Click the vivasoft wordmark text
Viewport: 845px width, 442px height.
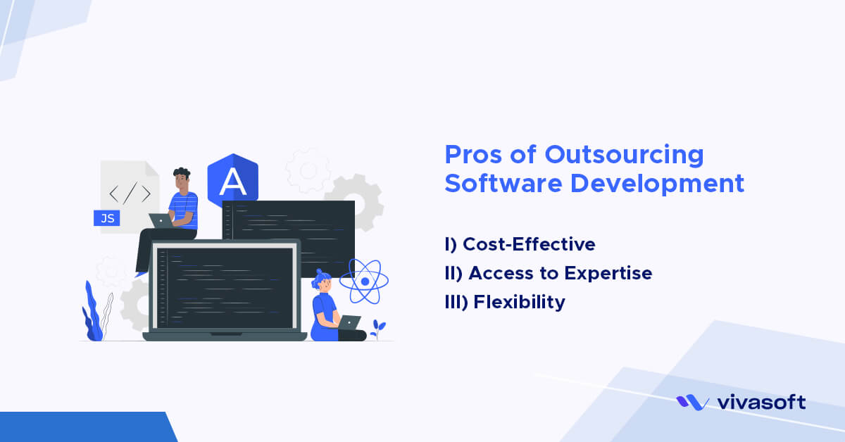pyautogui.click(x=761, y=403)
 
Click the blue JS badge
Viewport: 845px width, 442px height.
pyautogui.click(x=107, y=218)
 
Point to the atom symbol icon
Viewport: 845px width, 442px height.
pyautogui.click(x=364, y=281)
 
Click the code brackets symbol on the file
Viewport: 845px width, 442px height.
pyautogui.click(x=130, y=192)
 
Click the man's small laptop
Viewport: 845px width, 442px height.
pyautogui.click(x=161, y=221)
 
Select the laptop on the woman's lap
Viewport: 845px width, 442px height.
pyautogui.click(x=349, y=322)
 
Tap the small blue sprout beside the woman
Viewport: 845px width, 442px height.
pyautogui.click(x=379, y=327)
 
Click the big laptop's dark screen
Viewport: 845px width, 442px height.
pyautogui.click(x=225, y=287)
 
